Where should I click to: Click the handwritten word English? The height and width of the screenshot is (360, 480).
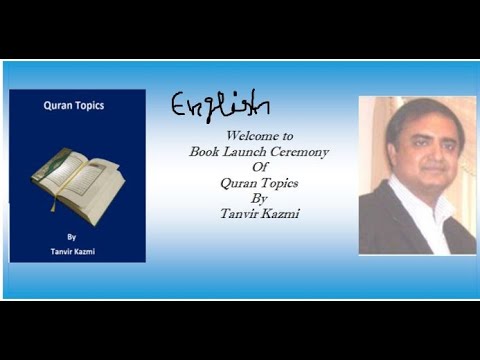click(x=220, y=104)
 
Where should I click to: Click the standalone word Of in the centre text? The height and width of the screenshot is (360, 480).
click(x=245, y=167)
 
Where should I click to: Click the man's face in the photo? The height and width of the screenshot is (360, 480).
click(x=412, y=148)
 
